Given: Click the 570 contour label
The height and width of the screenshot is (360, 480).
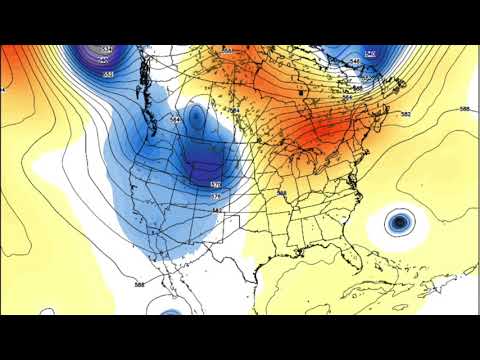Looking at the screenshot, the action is click(x=215, y=184).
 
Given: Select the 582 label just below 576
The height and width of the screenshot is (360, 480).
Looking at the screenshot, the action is click(x=217, y=210).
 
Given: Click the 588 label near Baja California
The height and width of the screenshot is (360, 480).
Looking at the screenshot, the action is click(x=138, y=285).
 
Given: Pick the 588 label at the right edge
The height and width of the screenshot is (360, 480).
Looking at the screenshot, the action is click(x=464, y=108).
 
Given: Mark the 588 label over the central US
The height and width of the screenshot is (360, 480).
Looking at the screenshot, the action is click(x=281, y=193).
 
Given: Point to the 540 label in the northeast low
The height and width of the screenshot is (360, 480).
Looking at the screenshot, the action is click(x=370, y=52).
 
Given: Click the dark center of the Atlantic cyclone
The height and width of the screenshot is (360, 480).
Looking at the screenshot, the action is click(x=400, y=222).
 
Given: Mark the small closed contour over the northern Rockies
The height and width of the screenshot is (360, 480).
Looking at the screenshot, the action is click(x=196, y=118).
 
